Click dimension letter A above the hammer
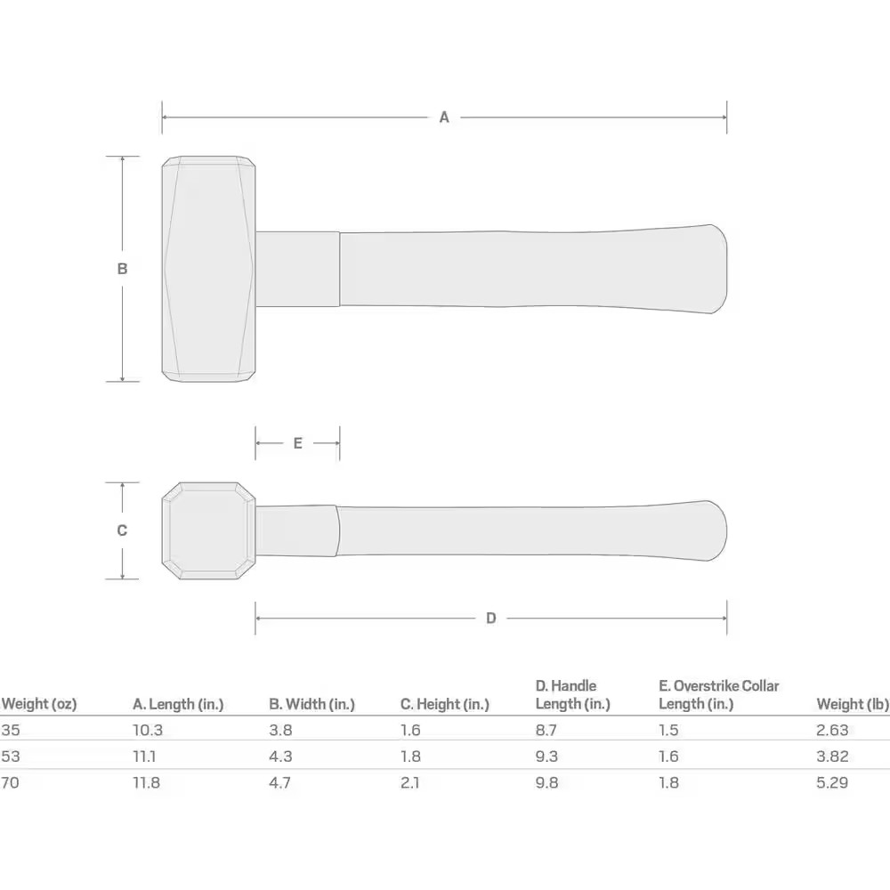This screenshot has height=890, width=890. coord(444,117)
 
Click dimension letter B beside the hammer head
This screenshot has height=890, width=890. coord(123,269)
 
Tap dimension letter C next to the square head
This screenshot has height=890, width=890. coord(122,530)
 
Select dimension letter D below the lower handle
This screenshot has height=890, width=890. coord(490,619)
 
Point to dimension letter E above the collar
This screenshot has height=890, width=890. coord(297,443)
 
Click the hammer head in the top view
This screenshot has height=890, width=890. coord(208,269)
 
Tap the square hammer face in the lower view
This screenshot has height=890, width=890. coord(208,530)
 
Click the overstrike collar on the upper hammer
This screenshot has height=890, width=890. coord(297,269)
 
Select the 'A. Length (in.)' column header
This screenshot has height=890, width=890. coord(178,704)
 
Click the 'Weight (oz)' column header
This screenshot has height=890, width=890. coord(39,704)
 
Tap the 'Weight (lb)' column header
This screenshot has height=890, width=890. coord(852,704)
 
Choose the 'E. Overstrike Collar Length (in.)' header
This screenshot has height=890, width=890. coord(718,695)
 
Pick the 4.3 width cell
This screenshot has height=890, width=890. coord(280,756)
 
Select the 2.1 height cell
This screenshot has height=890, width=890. coord(410,783)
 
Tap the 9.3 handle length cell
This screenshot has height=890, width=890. coord(547,756)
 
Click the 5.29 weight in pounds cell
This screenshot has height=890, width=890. coord(832,783)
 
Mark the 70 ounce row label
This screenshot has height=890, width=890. coord(10,783)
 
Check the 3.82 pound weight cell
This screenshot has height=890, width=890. coord(832,756)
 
